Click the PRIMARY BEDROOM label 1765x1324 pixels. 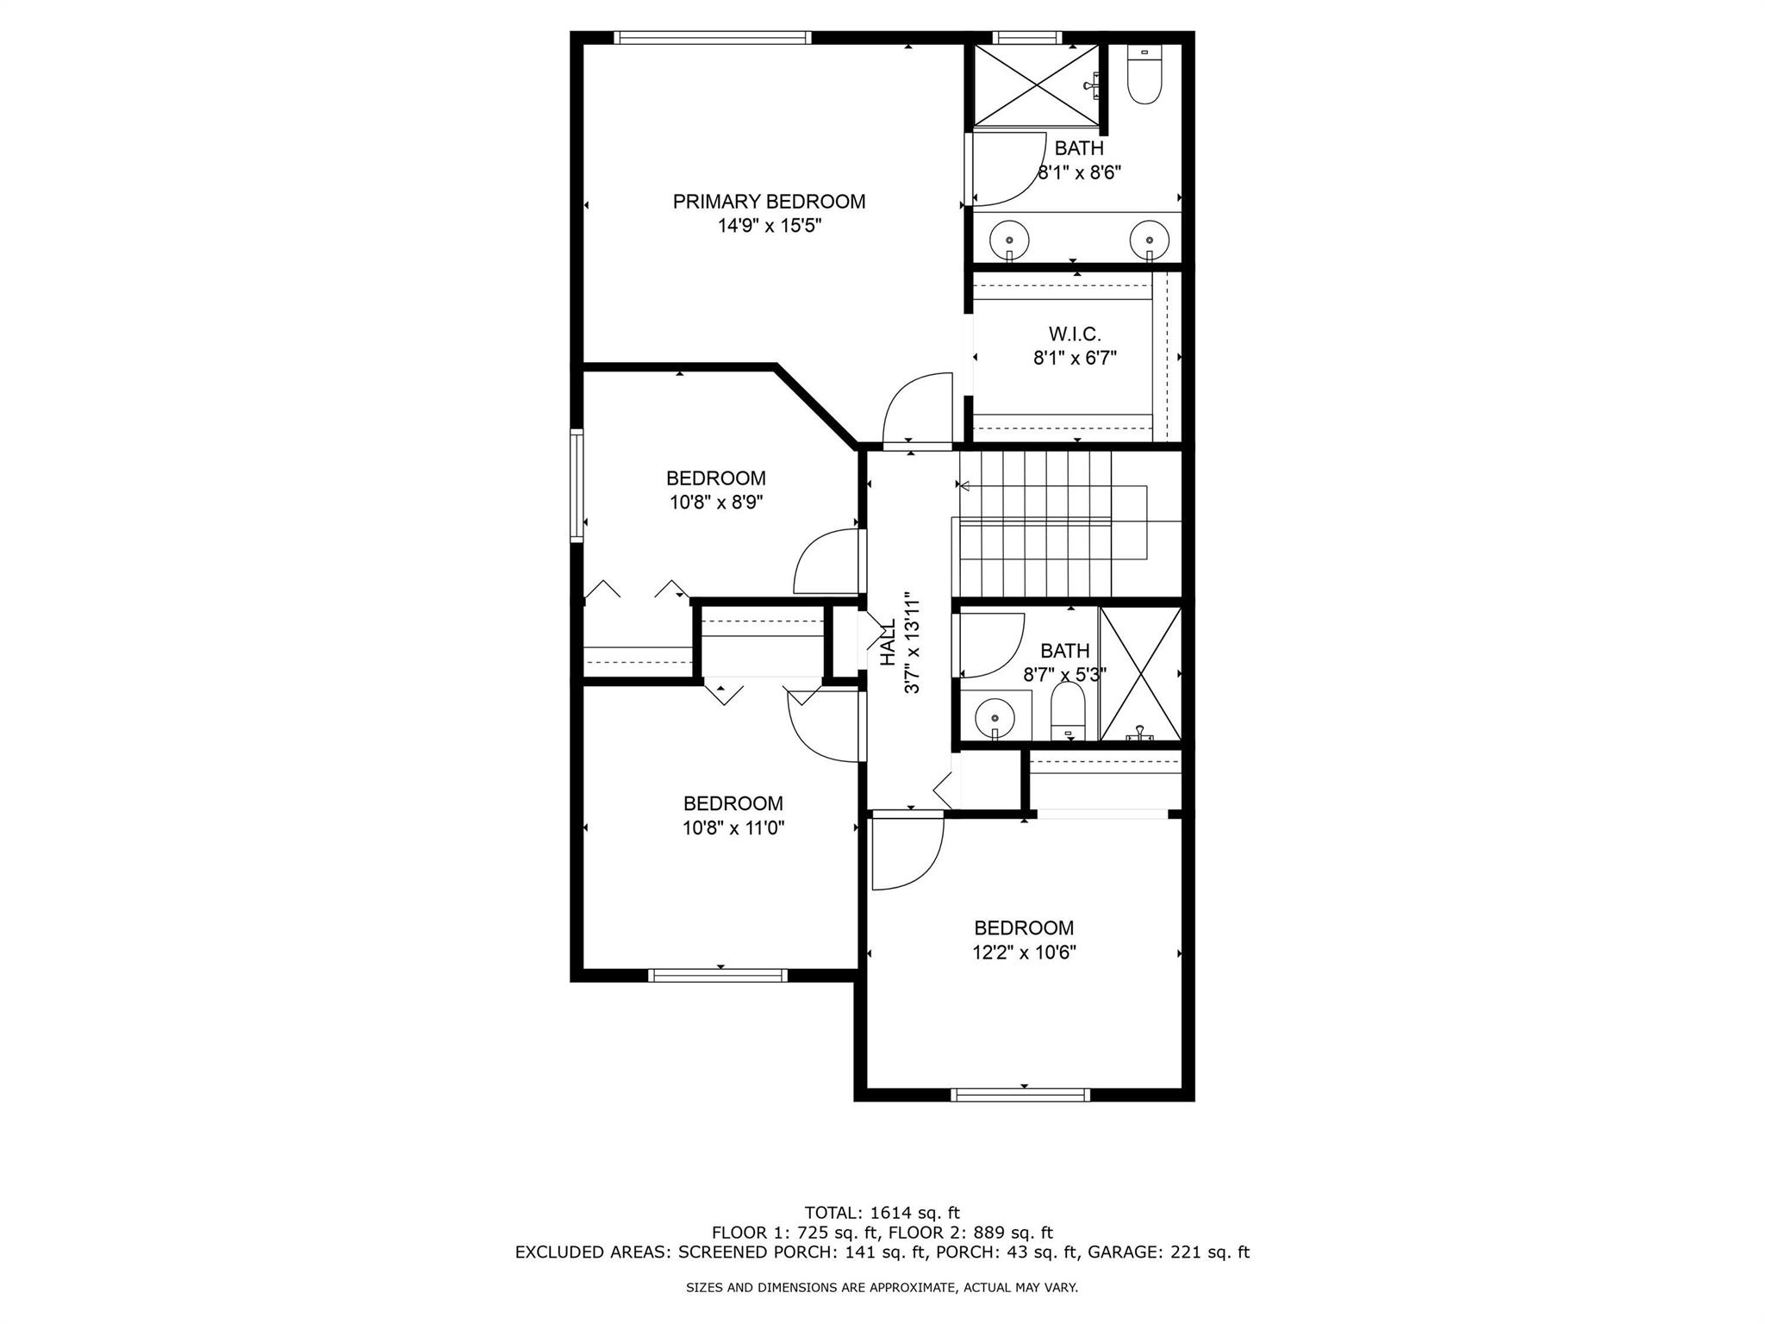click(769, 202)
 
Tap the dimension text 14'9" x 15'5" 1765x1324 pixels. click(770, 226)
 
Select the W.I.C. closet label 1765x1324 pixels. click(1075, 334)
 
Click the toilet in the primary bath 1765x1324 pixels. click(1144, 75)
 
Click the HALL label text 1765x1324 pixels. click(888, 642)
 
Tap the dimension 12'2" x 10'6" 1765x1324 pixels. click(1024, 952)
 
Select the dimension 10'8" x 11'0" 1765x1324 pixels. click(733, 828)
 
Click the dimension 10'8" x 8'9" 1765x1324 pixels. click(716, 503)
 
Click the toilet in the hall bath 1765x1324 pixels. click(1069, 712)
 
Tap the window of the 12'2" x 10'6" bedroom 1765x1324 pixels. click(1020, 1095)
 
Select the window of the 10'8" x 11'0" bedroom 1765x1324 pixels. click(718, 975)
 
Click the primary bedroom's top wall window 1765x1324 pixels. click(713, 37)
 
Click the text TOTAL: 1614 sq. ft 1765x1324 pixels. click(882, 1213)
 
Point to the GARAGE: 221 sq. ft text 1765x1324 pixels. click(1169, 1252)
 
